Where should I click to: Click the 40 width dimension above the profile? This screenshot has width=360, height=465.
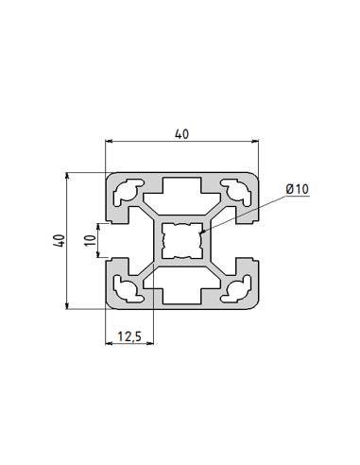[x=180, y=134]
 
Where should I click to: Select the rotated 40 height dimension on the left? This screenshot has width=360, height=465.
[x=59, y=241]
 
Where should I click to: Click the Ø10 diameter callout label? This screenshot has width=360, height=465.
[x=297, y=190]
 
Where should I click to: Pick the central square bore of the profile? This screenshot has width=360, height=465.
[x=181, y=240]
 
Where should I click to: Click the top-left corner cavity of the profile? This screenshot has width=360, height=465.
[x=126, y=193]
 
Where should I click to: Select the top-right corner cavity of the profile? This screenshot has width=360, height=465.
[x=236, y=193]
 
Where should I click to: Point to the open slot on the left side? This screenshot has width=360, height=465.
[x=118, y=240]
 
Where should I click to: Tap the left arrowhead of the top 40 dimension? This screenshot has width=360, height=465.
[x=107, y=143]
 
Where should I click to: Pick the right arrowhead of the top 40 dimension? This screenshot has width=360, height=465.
[x=256, y=143]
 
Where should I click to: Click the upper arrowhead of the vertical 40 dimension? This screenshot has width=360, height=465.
[x=68, y=175]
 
